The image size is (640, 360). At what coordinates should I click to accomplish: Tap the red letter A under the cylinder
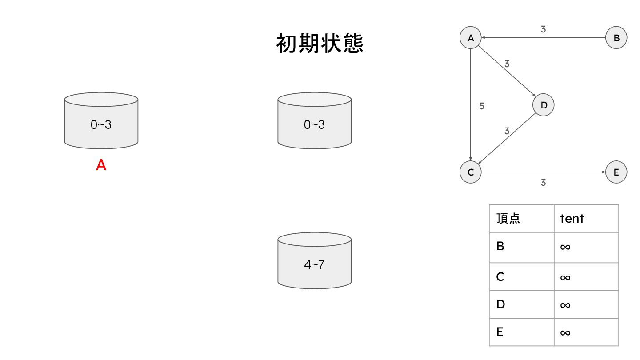101,165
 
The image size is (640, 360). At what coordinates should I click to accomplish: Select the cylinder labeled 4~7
314,262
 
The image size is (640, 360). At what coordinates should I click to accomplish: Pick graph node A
471,38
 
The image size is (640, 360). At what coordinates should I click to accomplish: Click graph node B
616,38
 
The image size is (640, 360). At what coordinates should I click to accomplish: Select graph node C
471,172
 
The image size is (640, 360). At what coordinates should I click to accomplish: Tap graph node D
544,105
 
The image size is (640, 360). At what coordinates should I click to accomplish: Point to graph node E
616,172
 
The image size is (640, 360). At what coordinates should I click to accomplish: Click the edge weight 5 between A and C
482,106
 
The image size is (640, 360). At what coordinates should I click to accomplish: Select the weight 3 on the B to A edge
543,29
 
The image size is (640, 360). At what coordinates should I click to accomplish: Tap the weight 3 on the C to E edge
543,182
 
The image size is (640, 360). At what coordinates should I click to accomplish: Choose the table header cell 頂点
508,218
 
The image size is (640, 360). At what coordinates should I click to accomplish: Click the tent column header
572,218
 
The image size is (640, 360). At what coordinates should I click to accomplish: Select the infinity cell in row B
565,247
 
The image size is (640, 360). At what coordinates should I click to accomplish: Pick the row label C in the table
500,276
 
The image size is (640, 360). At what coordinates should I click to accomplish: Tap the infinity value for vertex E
565,332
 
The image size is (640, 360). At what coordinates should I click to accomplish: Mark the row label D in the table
500,304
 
